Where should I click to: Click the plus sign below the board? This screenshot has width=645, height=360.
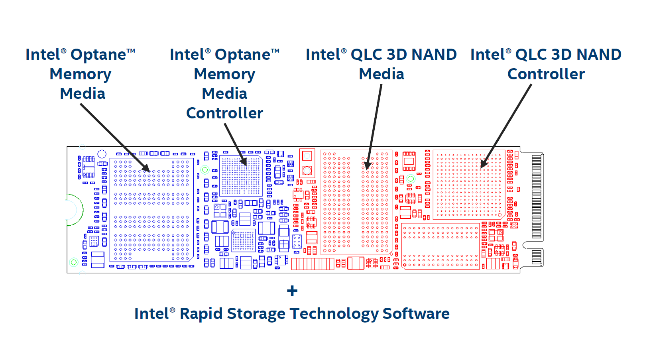coord(292,291)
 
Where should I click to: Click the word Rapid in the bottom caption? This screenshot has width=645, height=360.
coord(201,314)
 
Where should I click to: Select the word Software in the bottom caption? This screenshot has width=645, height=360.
coord(416,314)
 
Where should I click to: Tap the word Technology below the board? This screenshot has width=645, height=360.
coord(334,314)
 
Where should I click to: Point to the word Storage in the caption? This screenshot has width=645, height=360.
coord(256,314)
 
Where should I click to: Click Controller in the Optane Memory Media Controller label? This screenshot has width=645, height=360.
coord(224,113)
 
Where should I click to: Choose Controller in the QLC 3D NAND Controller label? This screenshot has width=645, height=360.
coord(546,74)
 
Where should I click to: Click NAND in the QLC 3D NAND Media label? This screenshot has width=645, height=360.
coord(434,55)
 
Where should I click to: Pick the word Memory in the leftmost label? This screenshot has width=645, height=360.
coord(80,74)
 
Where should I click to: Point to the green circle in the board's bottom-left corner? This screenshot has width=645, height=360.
coord(73,262)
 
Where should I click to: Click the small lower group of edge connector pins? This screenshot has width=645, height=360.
coord(537,257)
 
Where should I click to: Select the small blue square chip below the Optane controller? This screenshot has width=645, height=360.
coord(243,240)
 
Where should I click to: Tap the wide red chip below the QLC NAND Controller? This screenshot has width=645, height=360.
coord(440,246)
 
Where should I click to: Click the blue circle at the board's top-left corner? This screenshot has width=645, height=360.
coord(102,154)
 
